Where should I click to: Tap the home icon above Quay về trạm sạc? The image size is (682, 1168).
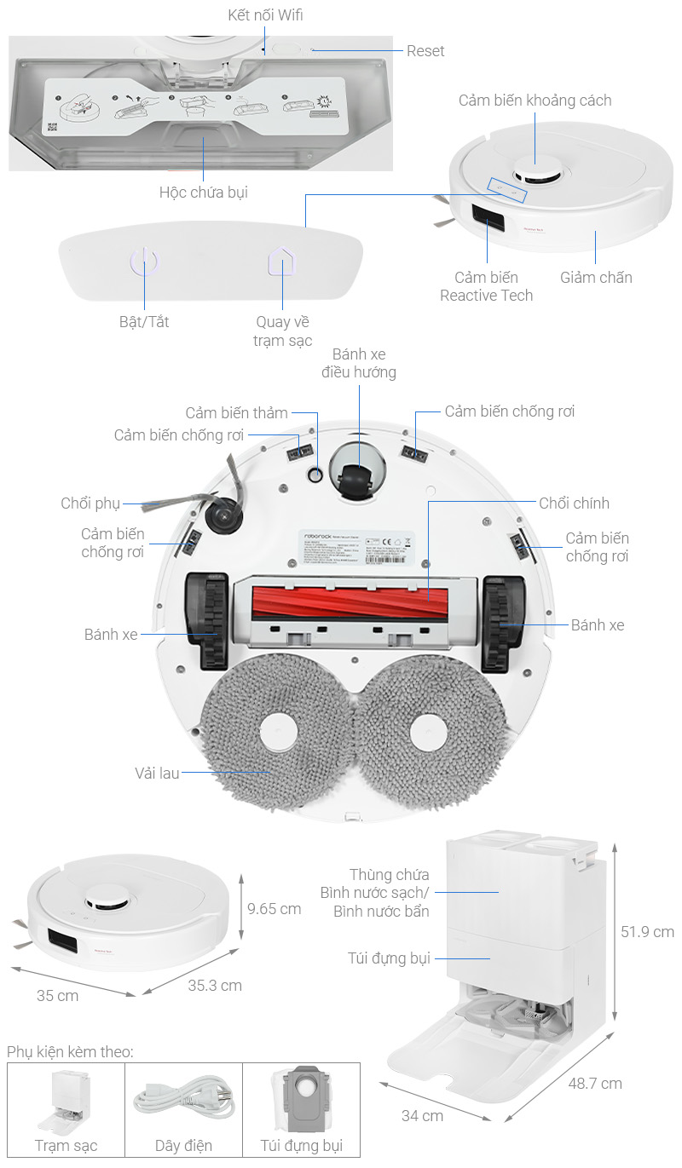point(280,262)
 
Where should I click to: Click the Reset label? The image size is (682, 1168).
point(425,51)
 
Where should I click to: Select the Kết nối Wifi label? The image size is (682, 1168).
point(266,15)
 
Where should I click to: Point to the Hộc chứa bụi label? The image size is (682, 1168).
point(204,193)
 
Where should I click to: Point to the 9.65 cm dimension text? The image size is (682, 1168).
point(275,909)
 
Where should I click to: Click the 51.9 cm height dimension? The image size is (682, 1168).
point(647,932)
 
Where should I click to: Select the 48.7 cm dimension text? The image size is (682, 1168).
point(594,1084)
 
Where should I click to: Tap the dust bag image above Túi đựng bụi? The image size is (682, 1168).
point(301,1099)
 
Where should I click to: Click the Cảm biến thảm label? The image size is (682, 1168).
point(237,413)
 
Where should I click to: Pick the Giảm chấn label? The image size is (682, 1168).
point(596,278)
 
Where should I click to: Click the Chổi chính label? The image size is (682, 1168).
point(574,503)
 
